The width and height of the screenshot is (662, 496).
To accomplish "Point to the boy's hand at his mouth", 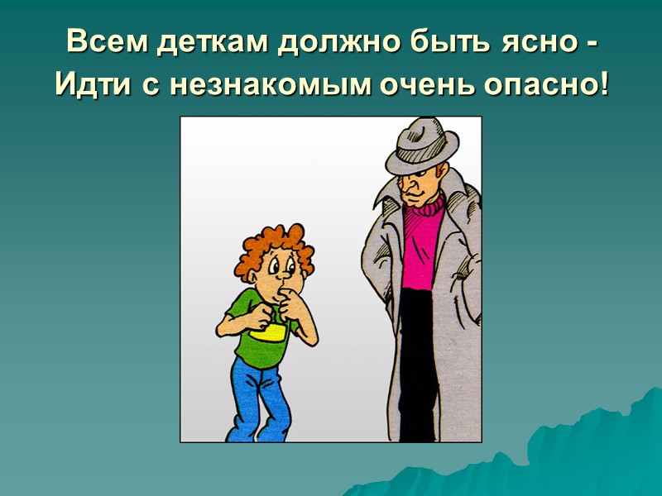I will click(289, 296).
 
